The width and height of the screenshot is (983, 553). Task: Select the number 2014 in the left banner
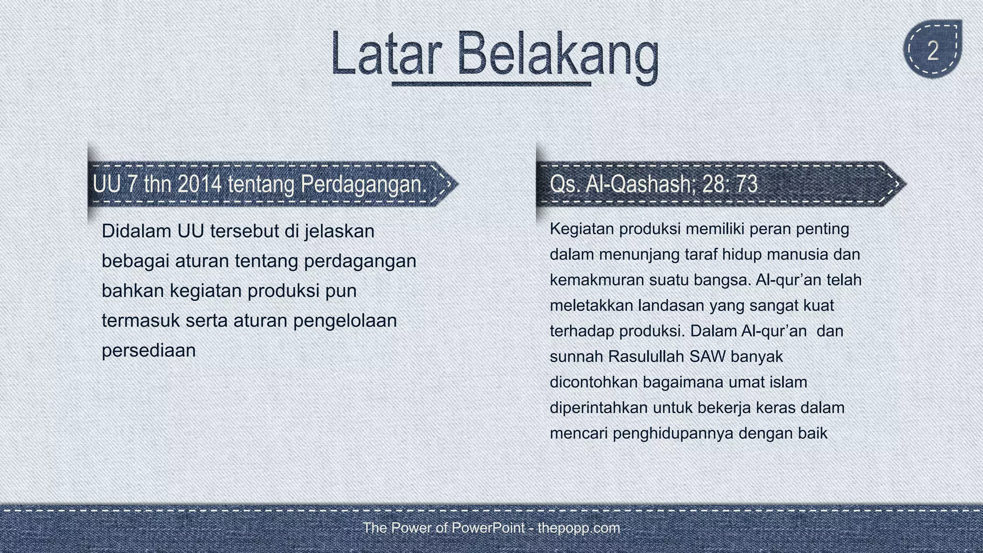(199, 184)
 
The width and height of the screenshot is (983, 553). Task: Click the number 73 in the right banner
(745, 184)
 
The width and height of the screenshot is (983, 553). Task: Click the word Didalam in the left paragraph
(136, 231)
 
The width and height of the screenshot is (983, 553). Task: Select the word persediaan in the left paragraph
(149, 350)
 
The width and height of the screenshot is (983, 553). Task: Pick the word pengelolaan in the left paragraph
(345, 321)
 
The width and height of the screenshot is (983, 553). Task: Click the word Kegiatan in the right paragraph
(581, 229)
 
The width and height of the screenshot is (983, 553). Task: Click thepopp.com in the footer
(579, 528)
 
